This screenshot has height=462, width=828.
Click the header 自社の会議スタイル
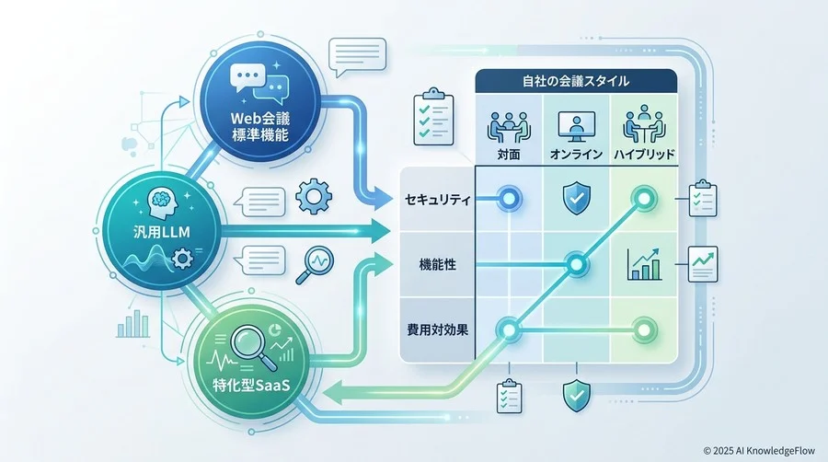[576, 81]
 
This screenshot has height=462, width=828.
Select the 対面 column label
[509, 155]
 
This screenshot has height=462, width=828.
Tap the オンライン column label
[576, 155]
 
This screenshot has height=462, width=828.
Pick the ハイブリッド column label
[644, 155]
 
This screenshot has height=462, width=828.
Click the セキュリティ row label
[437, 200]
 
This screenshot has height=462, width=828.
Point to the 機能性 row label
[437, 264]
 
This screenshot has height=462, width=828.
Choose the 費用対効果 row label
[437, 330]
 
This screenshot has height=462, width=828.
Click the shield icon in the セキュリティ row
[577, 198]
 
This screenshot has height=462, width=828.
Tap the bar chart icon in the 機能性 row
[644, 264]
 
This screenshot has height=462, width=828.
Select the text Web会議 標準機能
[260, 126]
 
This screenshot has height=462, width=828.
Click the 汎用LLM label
[161, 232]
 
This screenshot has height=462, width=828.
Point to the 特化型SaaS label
[251, 385]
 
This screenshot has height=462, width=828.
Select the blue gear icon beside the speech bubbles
[314, 196]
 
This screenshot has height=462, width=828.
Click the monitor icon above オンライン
[576, 127]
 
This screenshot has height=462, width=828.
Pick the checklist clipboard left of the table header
[433, 117]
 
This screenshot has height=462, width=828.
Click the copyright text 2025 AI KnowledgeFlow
[760, 451]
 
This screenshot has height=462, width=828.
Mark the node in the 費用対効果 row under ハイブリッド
[644, 330]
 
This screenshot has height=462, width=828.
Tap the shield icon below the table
[577, 395]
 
